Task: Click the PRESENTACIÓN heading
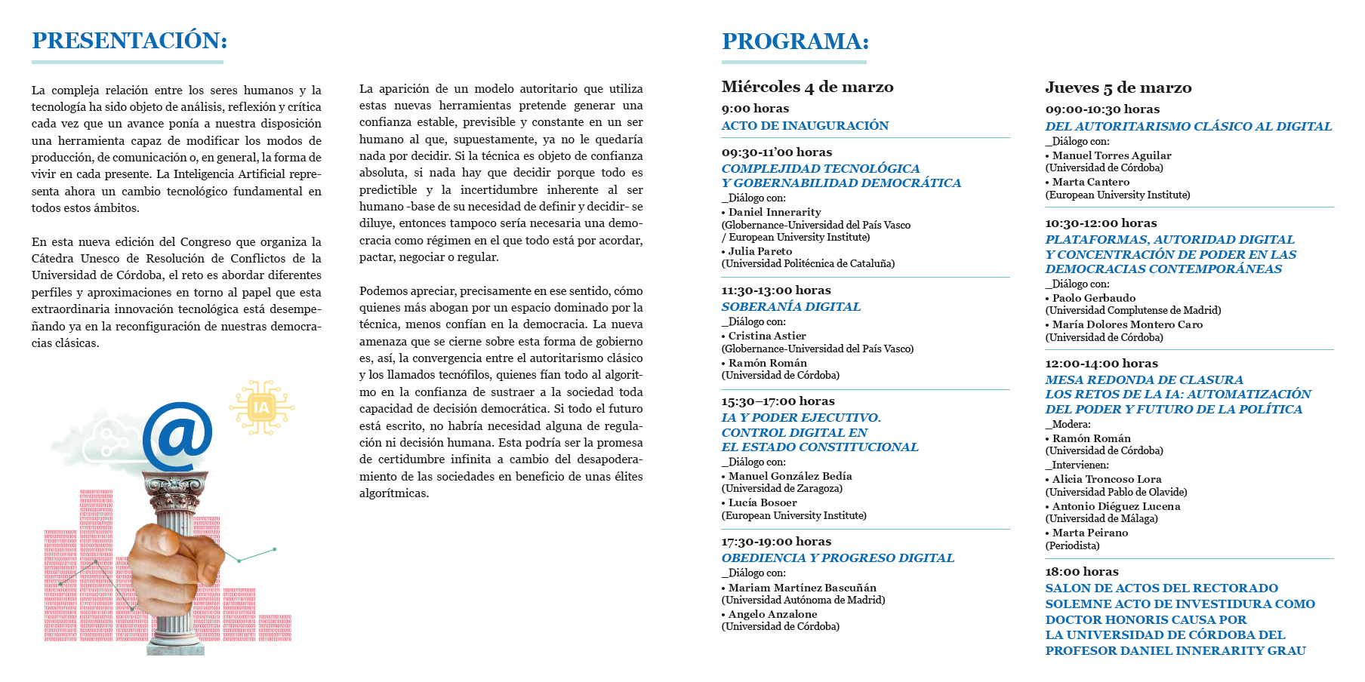coord(129,41)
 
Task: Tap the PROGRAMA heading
coord(795,41)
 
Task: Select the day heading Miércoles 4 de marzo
coord(807,88)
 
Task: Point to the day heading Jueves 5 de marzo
coord(1118,88)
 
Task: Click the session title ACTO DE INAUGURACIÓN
coord(805,126)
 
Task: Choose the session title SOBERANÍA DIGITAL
coord(790,307)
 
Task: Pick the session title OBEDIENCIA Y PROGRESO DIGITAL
coord(837,558)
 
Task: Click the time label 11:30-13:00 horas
coord(776,290)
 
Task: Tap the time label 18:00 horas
coord(1082,572)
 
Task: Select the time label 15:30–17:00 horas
coord(778,401)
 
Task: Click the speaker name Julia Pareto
coord(760,251)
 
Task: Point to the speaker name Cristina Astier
coord(766,336)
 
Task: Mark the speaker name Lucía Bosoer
coord(762,502)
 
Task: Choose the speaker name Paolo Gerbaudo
coord(1093,298)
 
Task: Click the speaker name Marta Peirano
coord(1089,533)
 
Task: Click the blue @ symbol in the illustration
coord(177,436)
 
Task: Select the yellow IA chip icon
coord(261,408)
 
